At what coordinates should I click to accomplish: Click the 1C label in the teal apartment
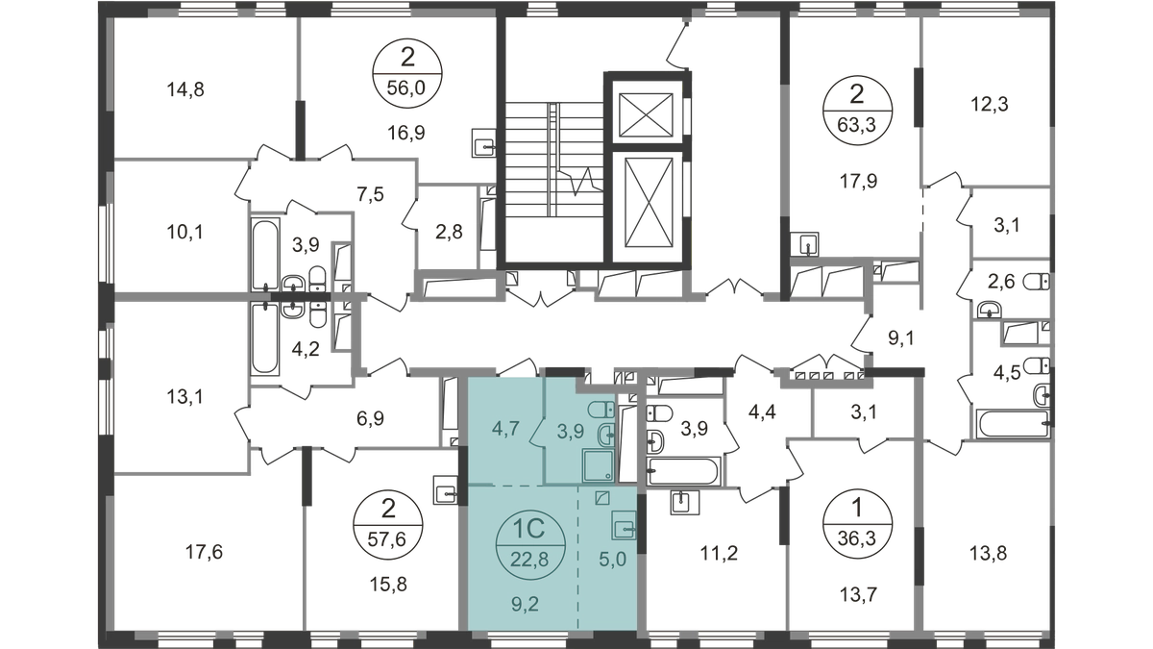524,529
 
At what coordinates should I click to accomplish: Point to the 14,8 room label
187,92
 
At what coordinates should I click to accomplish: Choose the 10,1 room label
187,232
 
